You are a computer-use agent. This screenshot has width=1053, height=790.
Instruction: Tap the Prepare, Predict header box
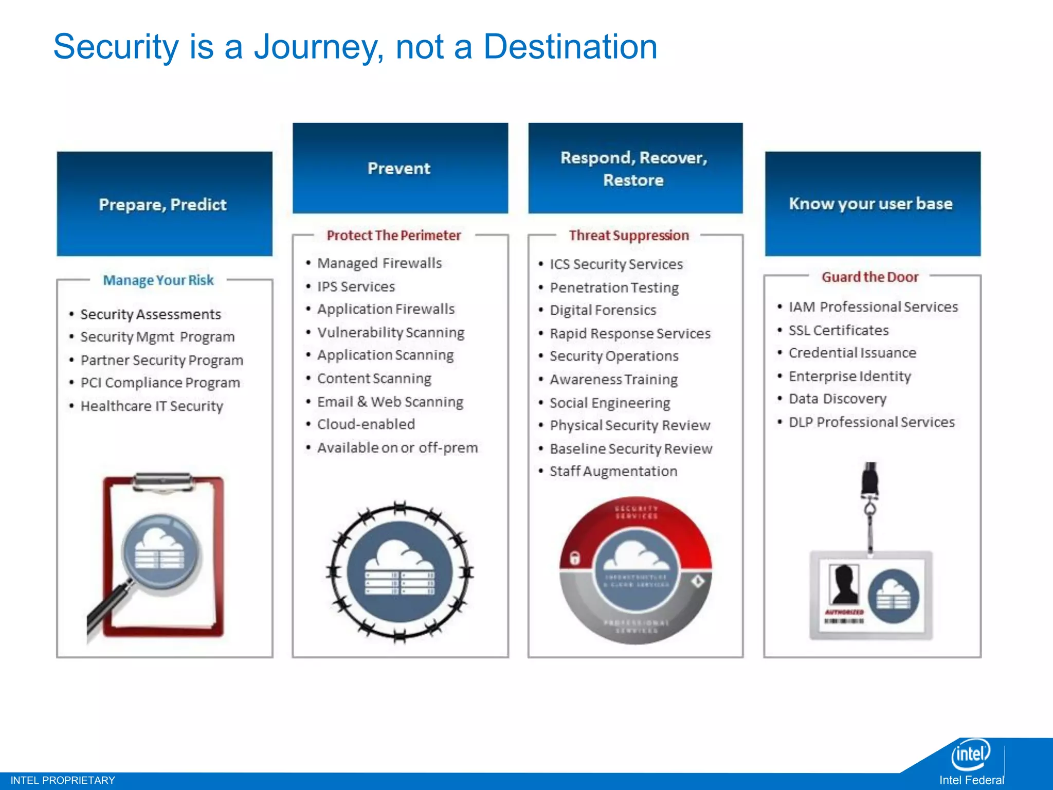164,205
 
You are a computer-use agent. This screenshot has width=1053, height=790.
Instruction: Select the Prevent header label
399,169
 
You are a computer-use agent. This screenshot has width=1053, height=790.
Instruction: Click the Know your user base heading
871,204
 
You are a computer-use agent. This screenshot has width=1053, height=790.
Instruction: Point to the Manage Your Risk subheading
158,280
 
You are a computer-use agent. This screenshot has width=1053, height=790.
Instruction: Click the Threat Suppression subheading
628,236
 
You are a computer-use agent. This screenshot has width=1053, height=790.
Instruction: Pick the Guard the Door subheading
870,277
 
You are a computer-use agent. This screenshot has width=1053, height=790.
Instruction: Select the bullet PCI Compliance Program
160,383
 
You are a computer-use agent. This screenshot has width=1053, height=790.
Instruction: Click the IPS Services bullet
356,286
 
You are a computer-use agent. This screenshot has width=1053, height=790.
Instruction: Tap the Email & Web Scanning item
390,402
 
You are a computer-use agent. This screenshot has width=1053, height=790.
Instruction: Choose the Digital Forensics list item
603,310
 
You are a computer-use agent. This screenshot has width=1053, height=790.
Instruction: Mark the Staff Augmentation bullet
613,471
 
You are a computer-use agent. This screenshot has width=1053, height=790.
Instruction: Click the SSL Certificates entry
838,330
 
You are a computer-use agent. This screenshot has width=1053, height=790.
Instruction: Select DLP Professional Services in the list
871,422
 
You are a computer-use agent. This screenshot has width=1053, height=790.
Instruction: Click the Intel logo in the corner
970,754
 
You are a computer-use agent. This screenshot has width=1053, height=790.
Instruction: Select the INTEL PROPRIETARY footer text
63,780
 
